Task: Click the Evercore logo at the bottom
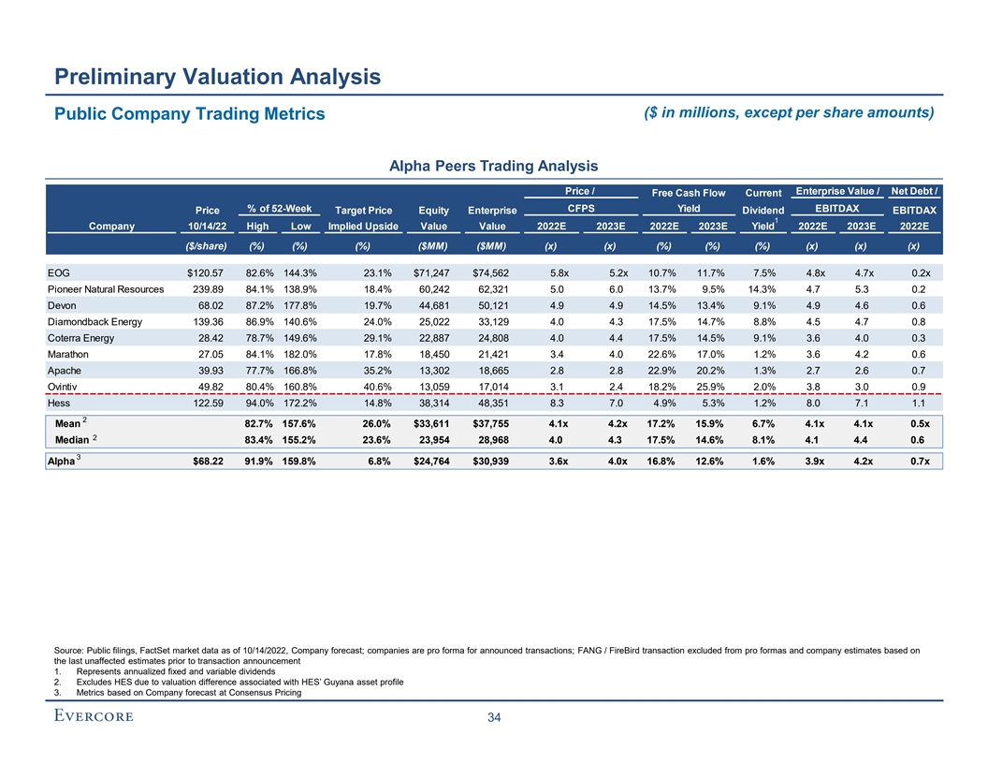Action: pos(92,717)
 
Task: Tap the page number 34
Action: pos(494,718)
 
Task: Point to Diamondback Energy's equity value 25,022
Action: pos(432,323)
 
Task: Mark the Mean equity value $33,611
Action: pos(430,427)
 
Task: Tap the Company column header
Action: pos(111,226)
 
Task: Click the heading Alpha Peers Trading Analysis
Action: pos(493,167)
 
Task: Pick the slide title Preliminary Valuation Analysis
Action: pos(217,77)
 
